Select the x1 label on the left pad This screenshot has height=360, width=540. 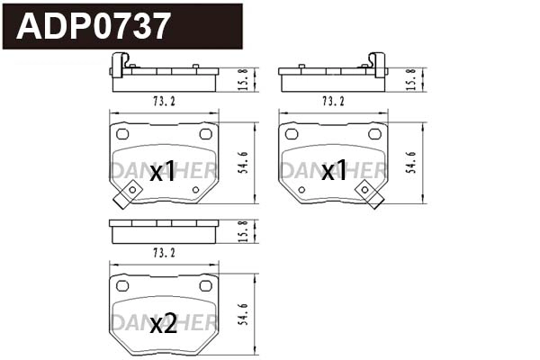coord(163,172)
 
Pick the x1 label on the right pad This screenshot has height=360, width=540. coord(334,172)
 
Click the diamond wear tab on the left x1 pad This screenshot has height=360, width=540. coord(131,193)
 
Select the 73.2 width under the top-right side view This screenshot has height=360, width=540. coord(332,101)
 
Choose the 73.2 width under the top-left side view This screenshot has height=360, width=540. coord(163,101)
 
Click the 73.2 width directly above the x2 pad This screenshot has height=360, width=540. coord(163,253)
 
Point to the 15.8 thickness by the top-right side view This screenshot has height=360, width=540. coord(412,78)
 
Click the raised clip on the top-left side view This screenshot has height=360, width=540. coord(117,64)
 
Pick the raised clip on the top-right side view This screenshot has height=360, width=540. coord(378,64)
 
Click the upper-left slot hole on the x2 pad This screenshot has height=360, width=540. coord(121,286)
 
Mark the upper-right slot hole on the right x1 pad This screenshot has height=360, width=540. coord(375,133)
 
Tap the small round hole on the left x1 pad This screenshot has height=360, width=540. coord(195,190)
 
